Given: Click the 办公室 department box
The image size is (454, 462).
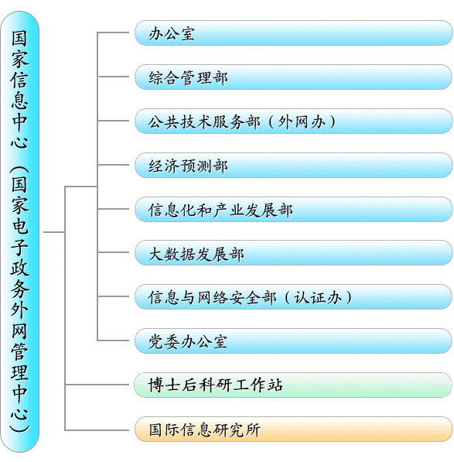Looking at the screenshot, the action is click(293, 33).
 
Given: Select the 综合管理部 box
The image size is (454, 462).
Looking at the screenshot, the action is click(293, 77).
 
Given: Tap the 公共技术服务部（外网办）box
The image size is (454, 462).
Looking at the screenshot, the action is click(293, 121).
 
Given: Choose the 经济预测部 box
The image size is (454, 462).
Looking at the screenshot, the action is click(293, 165).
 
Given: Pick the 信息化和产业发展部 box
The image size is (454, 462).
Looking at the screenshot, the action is click(293, 209).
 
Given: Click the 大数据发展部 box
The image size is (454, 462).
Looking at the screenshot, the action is click(293, 253).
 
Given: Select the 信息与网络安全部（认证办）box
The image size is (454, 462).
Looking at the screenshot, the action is click(293, 296).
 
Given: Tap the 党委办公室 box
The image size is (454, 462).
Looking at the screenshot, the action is click(293, 341).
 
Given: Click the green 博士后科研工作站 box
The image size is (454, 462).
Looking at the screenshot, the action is click(293, 385).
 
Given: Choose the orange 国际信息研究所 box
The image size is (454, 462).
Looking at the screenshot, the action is click(293, 429).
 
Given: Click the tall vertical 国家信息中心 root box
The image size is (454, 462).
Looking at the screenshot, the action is click(20, 232).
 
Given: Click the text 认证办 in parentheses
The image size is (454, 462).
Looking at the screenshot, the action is click(318, 297).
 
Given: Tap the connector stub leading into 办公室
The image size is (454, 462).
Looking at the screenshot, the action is click(114, 33).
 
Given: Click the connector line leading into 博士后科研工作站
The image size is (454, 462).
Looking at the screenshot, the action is click(97, 385).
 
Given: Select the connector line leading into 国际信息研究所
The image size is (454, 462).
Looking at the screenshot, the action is click(97, 430).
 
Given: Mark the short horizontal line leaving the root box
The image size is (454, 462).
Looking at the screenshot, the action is click(54, 232).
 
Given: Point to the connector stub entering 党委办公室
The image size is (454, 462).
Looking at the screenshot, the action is click(114, 341).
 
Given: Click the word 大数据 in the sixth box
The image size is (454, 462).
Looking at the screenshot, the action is click(172, 254).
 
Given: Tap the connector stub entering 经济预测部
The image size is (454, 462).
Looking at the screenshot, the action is click(114, 165).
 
